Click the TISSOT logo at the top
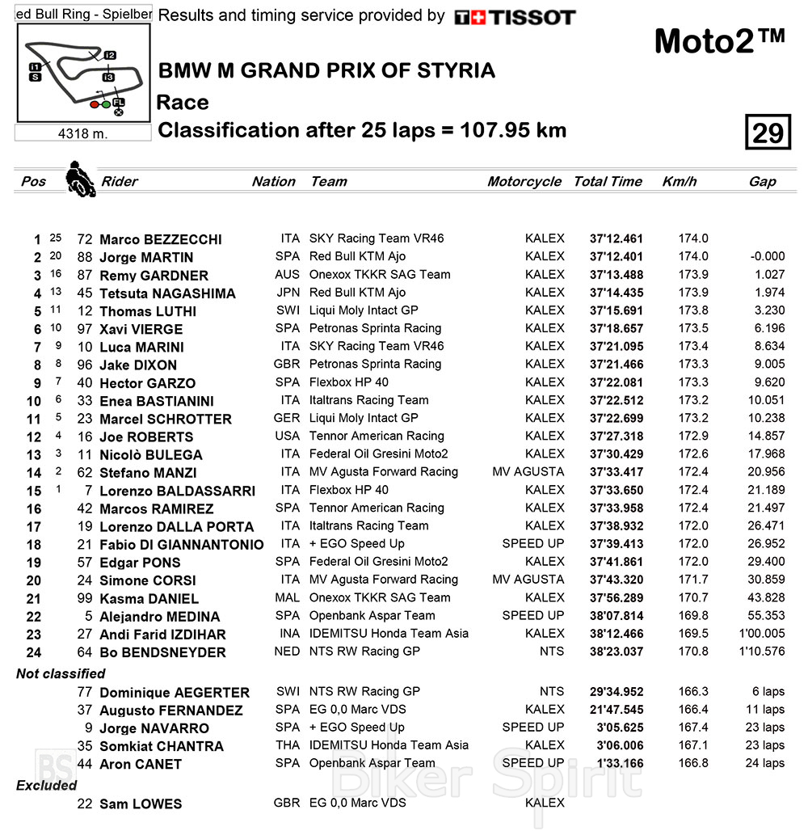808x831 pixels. point(515,17)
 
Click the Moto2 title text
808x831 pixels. point(718,40)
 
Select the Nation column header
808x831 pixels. point(273,182)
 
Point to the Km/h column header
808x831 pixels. point(679,182)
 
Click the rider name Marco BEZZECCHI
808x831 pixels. point(160,240)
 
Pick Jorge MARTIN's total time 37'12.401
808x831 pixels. point(617,257)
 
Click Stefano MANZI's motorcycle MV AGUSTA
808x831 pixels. point(528,472)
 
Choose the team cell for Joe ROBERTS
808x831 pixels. point(377,437)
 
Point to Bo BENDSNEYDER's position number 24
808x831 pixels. point(33,652)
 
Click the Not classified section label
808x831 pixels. point(61,673)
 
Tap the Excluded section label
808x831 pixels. point(47,785)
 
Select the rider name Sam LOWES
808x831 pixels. point(141,804)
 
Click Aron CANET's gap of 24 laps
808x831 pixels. point(763,764)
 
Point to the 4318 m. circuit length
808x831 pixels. point(82,133)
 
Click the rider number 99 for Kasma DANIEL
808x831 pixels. point(85,599)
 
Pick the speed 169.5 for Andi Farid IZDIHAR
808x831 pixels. point(693,634)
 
